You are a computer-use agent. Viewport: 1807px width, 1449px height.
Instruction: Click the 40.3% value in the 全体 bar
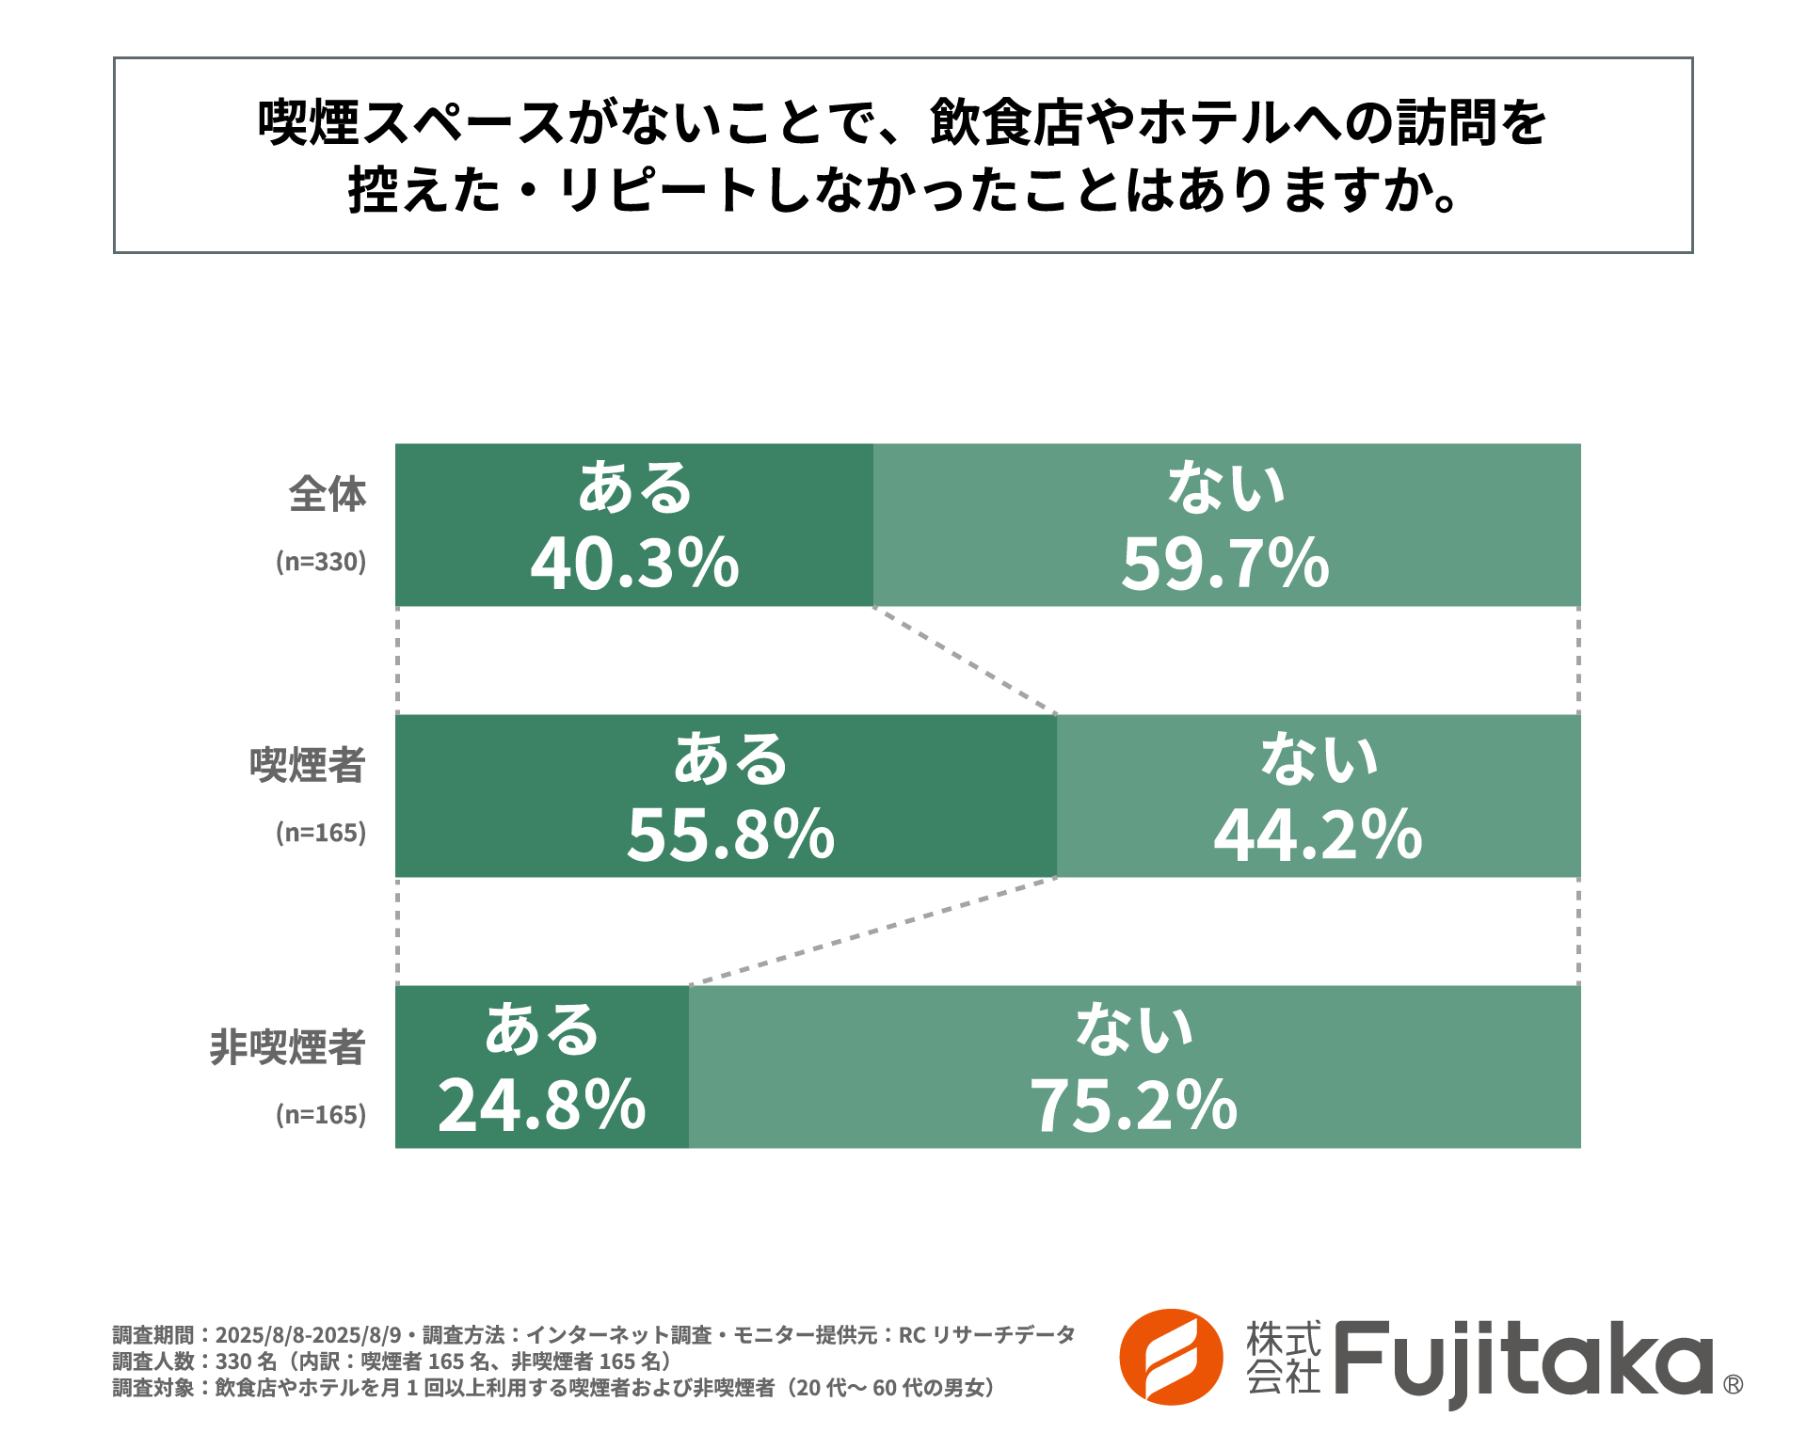point(634,564)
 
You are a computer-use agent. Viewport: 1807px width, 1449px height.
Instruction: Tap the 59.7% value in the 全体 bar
point(1224,564)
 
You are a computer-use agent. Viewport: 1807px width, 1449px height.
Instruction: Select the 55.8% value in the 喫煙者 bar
point(730,835)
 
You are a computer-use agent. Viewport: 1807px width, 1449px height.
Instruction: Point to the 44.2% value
point(1318,835)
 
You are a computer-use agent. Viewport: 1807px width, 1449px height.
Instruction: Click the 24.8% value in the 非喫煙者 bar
point(541,1106)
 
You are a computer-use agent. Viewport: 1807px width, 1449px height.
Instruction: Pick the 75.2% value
point(1133,1106)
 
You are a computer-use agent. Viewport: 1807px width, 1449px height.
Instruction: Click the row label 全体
point(327,494)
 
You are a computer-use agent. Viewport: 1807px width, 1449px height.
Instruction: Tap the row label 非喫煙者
point(287,1047)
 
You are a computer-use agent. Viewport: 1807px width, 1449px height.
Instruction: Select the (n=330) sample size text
point(320,562)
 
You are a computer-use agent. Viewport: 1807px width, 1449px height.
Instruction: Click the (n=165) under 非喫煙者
point(320,1115)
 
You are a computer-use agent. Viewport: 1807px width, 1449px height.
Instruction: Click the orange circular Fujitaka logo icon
point(1171,1357)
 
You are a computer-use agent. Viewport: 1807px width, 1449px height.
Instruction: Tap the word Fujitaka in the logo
point(1523,1360)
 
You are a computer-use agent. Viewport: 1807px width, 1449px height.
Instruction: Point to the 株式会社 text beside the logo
point(1283,1358)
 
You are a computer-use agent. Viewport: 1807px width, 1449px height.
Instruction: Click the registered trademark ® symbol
point(1733,1384)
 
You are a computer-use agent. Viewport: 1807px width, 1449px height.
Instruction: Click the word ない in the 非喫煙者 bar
point(1134,1028)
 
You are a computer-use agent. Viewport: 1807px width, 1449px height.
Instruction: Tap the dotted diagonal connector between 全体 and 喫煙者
point(966,661)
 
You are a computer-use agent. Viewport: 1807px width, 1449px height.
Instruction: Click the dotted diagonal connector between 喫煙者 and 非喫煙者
point(873,931)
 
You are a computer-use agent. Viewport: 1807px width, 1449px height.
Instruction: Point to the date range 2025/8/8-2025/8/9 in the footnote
point(308,1334)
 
